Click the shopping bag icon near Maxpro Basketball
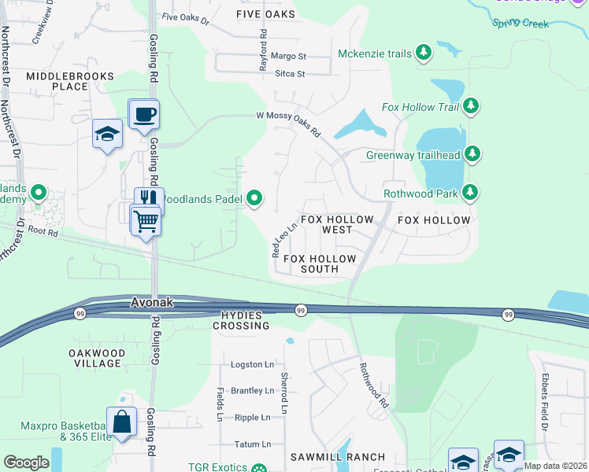coord(122,422)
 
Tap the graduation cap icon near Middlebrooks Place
coord(107,135)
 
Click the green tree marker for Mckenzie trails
coord(424,53)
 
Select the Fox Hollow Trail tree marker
coord(471,105)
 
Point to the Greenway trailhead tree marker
coord(472,153)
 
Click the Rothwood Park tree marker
coord(470,192)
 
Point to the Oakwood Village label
coord(95,358)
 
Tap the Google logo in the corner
coord(26,462)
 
